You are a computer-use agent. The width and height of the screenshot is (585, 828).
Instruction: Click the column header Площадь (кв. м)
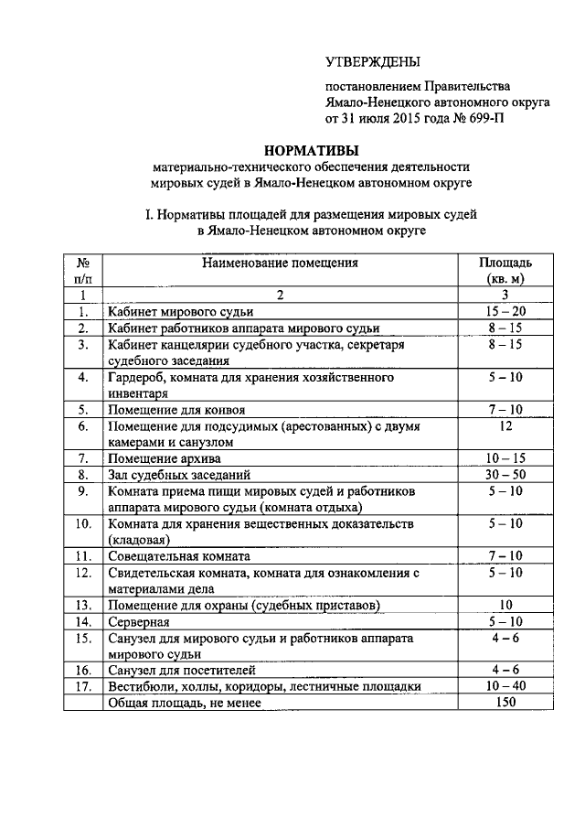(505, 270)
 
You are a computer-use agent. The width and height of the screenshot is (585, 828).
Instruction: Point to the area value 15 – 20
(505, 312)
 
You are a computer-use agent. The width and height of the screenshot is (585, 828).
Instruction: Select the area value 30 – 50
(505, 475)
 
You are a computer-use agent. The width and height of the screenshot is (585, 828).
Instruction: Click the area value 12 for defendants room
(505, 426)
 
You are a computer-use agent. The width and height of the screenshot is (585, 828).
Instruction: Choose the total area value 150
(505, 703)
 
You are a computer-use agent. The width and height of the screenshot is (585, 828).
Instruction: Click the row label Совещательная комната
(180, 555)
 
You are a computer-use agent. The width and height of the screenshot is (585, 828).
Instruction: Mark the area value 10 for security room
(505, 605)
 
